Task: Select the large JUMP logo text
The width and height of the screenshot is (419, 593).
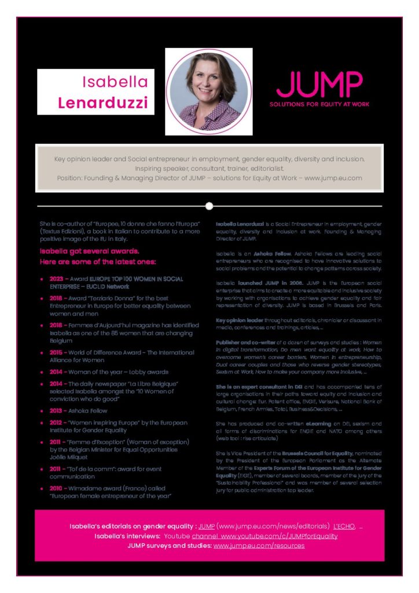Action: [319, 84]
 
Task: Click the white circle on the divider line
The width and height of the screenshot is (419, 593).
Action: [209, 206]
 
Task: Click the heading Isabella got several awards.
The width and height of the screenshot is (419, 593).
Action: [90, 251]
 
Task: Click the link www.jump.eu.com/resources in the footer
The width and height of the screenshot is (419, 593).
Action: [259, 546]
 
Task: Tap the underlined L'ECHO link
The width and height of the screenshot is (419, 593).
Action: [344, 526]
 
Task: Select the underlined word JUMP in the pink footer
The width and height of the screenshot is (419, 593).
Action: [207, 526]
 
